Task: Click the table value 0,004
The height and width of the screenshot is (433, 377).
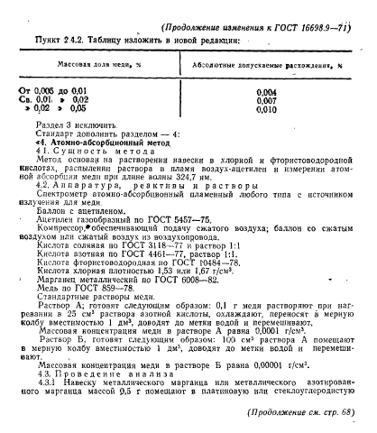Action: pyautogui.click(x=266, y=93)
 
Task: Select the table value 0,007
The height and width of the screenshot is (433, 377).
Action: pyautogui.click(x=266, y=101)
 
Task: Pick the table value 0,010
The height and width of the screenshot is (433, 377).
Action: pyautogui.click(x=266, y=110)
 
